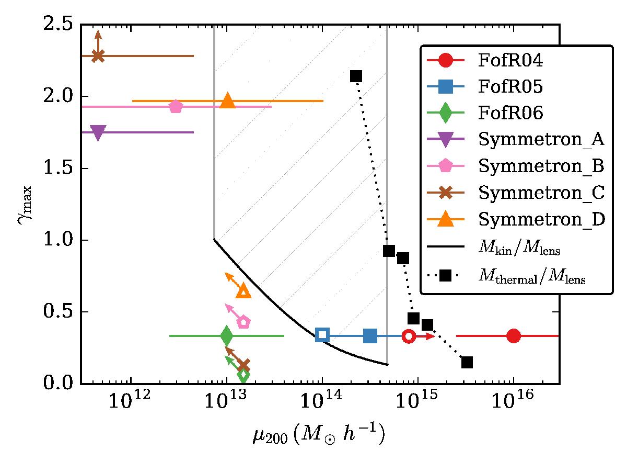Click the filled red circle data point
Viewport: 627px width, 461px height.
click(513, 336)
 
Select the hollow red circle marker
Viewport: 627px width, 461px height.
click(409, 336)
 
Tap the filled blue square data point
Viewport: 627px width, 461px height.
click(370, 336)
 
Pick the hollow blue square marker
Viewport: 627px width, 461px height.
click(322, 335)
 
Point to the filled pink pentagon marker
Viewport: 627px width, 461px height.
click(176, 107)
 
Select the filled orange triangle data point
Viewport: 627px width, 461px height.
click(227, 101)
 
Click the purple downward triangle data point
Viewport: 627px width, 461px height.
click(98, 133)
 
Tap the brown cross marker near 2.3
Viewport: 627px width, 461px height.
click(98, 56)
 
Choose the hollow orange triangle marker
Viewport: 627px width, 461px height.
click(243, 291)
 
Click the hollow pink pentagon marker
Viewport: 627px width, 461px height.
click(243, 322)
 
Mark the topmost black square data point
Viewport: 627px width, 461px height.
click(356, 76)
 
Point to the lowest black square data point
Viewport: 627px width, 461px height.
click(467, 362)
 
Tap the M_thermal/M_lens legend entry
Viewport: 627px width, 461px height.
click(533, 278)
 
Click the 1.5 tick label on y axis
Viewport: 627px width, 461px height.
click(62, 169)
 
